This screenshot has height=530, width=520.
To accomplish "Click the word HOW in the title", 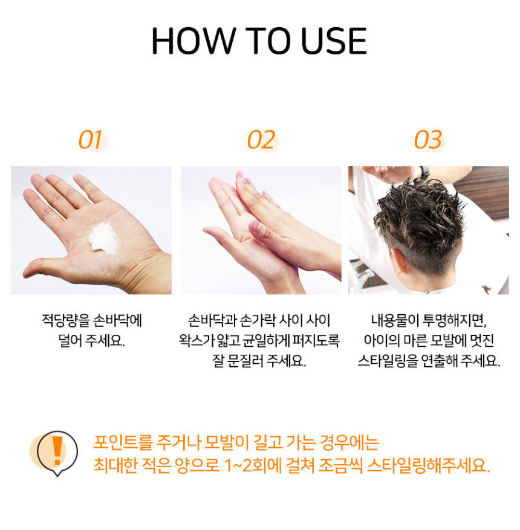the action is click(x=193, y=41).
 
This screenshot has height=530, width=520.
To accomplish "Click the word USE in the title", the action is click(x=333, y=41).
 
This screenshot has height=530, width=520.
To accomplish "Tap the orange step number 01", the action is click(x=90, y=140).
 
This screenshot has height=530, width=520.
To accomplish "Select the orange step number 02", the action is click(x=261, y=140).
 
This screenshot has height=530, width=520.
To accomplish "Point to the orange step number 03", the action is click(x=428, y=140).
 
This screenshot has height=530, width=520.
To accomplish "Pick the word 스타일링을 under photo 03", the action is click(x=388, y=361).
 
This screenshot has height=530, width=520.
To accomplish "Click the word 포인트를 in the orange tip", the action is click(x=123, y=442).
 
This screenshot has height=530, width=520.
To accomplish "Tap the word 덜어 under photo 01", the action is click(x=70, y=341).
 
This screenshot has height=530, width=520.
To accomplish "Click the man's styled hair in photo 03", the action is click(x=419, y=216).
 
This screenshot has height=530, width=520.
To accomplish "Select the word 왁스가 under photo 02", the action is click(x=198, y=341).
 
